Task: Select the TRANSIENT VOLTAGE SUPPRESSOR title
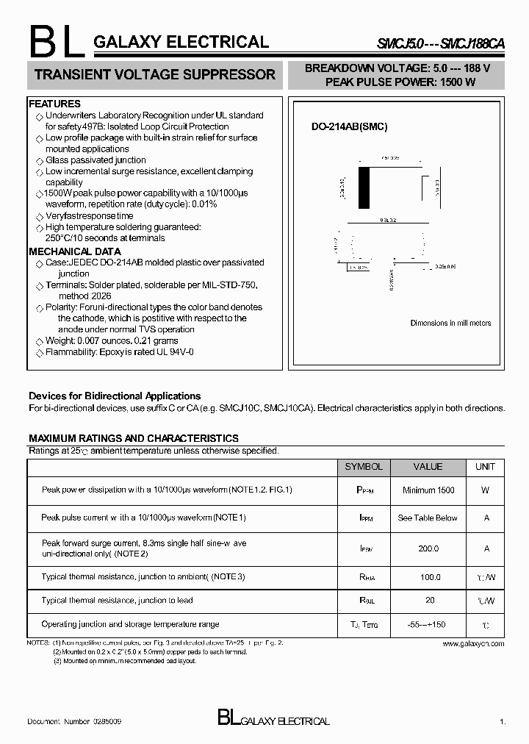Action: tap(155, 74)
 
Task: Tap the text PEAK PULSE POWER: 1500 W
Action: tap(400, 82)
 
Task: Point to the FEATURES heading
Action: tap(55, 104)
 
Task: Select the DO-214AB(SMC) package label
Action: tap(349, 126)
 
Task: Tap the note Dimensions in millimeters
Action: tap(450, 323)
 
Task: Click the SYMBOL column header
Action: tap(364, 467)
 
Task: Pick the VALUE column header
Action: tap(428, 467)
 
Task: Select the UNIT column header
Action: tap(485, 467)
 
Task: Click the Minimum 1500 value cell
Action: tap(428, 490)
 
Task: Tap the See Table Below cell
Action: tap(428, 518)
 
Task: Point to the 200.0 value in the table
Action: tap(428, 548)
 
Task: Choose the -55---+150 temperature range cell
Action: tap(428, 624)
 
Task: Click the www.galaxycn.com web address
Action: tap(473, 643)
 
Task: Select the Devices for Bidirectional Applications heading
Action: tap(115, 396)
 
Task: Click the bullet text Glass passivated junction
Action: tap(96, 160)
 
